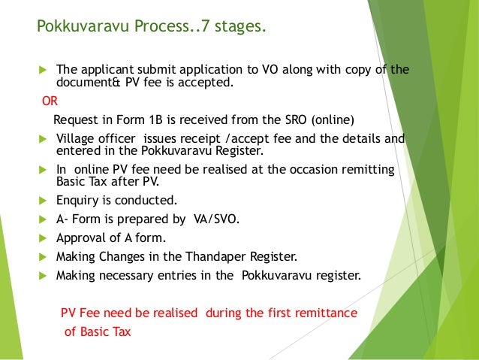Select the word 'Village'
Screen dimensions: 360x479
point(77,139)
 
